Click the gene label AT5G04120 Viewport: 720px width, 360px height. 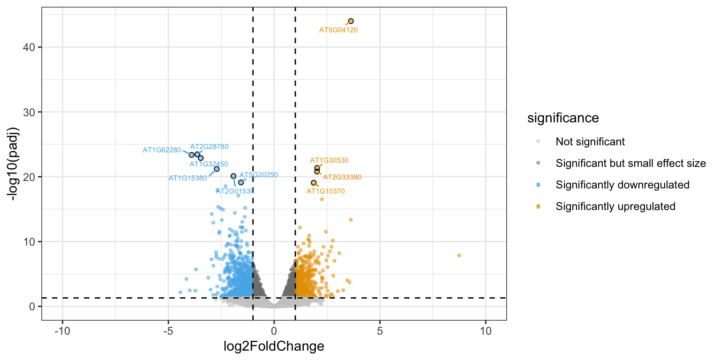tap(338, 30)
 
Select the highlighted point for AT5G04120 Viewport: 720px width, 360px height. tap(351, 21)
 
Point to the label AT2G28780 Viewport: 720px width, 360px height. tap(209, 147)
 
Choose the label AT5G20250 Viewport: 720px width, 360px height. tap(259, 175)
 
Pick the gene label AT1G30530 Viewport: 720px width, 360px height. tap(329, 160)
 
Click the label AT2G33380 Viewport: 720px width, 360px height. tap(342, 177)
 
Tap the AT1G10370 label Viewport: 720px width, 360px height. tap(326, 191)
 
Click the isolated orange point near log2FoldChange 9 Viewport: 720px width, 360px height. tap(459, 255)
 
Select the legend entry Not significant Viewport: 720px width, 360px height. tap(590, 141)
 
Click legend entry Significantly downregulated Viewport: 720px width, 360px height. tap(622, 185)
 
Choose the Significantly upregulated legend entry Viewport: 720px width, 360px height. tap(615, 206)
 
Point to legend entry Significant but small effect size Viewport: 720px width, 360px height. tap(630, 163)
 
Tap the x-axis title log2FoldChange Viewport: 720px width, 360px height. tap(274, 347)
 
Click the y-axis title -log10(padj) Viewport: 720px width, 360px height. tap(14, 164)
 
